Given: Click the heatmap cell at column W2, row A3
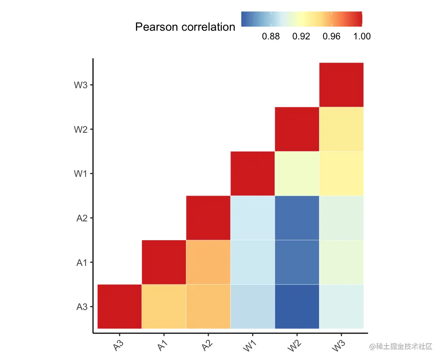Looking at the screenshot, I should (297, 306).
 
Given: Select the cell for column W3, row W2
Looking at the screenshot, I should (341, 129).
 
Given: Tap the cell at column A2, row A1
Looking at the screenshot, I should (208, 262).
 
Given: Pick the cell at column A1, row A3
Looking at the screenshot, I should (164, 306).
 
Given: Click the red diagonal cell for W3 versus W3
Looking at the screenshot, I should (341, 85).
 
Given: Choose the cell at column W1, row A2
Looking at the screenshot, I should (253, 217).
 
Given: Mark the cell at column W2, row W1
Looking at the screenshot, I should (297, 173).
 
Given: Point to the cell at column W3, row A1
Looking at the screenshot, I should (341, 262).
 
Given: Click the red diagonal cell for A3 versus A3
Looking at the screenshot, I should (119, 306).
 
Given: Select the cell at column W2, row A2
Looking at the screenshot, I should (297, 217).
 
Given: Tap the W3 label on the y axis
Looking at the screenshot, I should (80, 85).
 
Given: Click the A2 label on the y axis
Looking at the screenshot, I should (82, 218).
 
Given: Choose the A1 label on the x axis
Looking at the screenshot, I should (162, 346).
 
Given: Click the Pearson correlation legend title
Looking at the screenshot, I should (185, 27).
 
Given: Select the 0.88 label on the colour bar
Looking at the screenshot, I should (271, 37).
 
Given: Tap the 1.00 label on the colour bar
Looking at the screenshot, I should (362, 37).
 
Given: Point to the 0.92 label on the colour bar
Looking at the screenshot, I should (301, 37).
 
